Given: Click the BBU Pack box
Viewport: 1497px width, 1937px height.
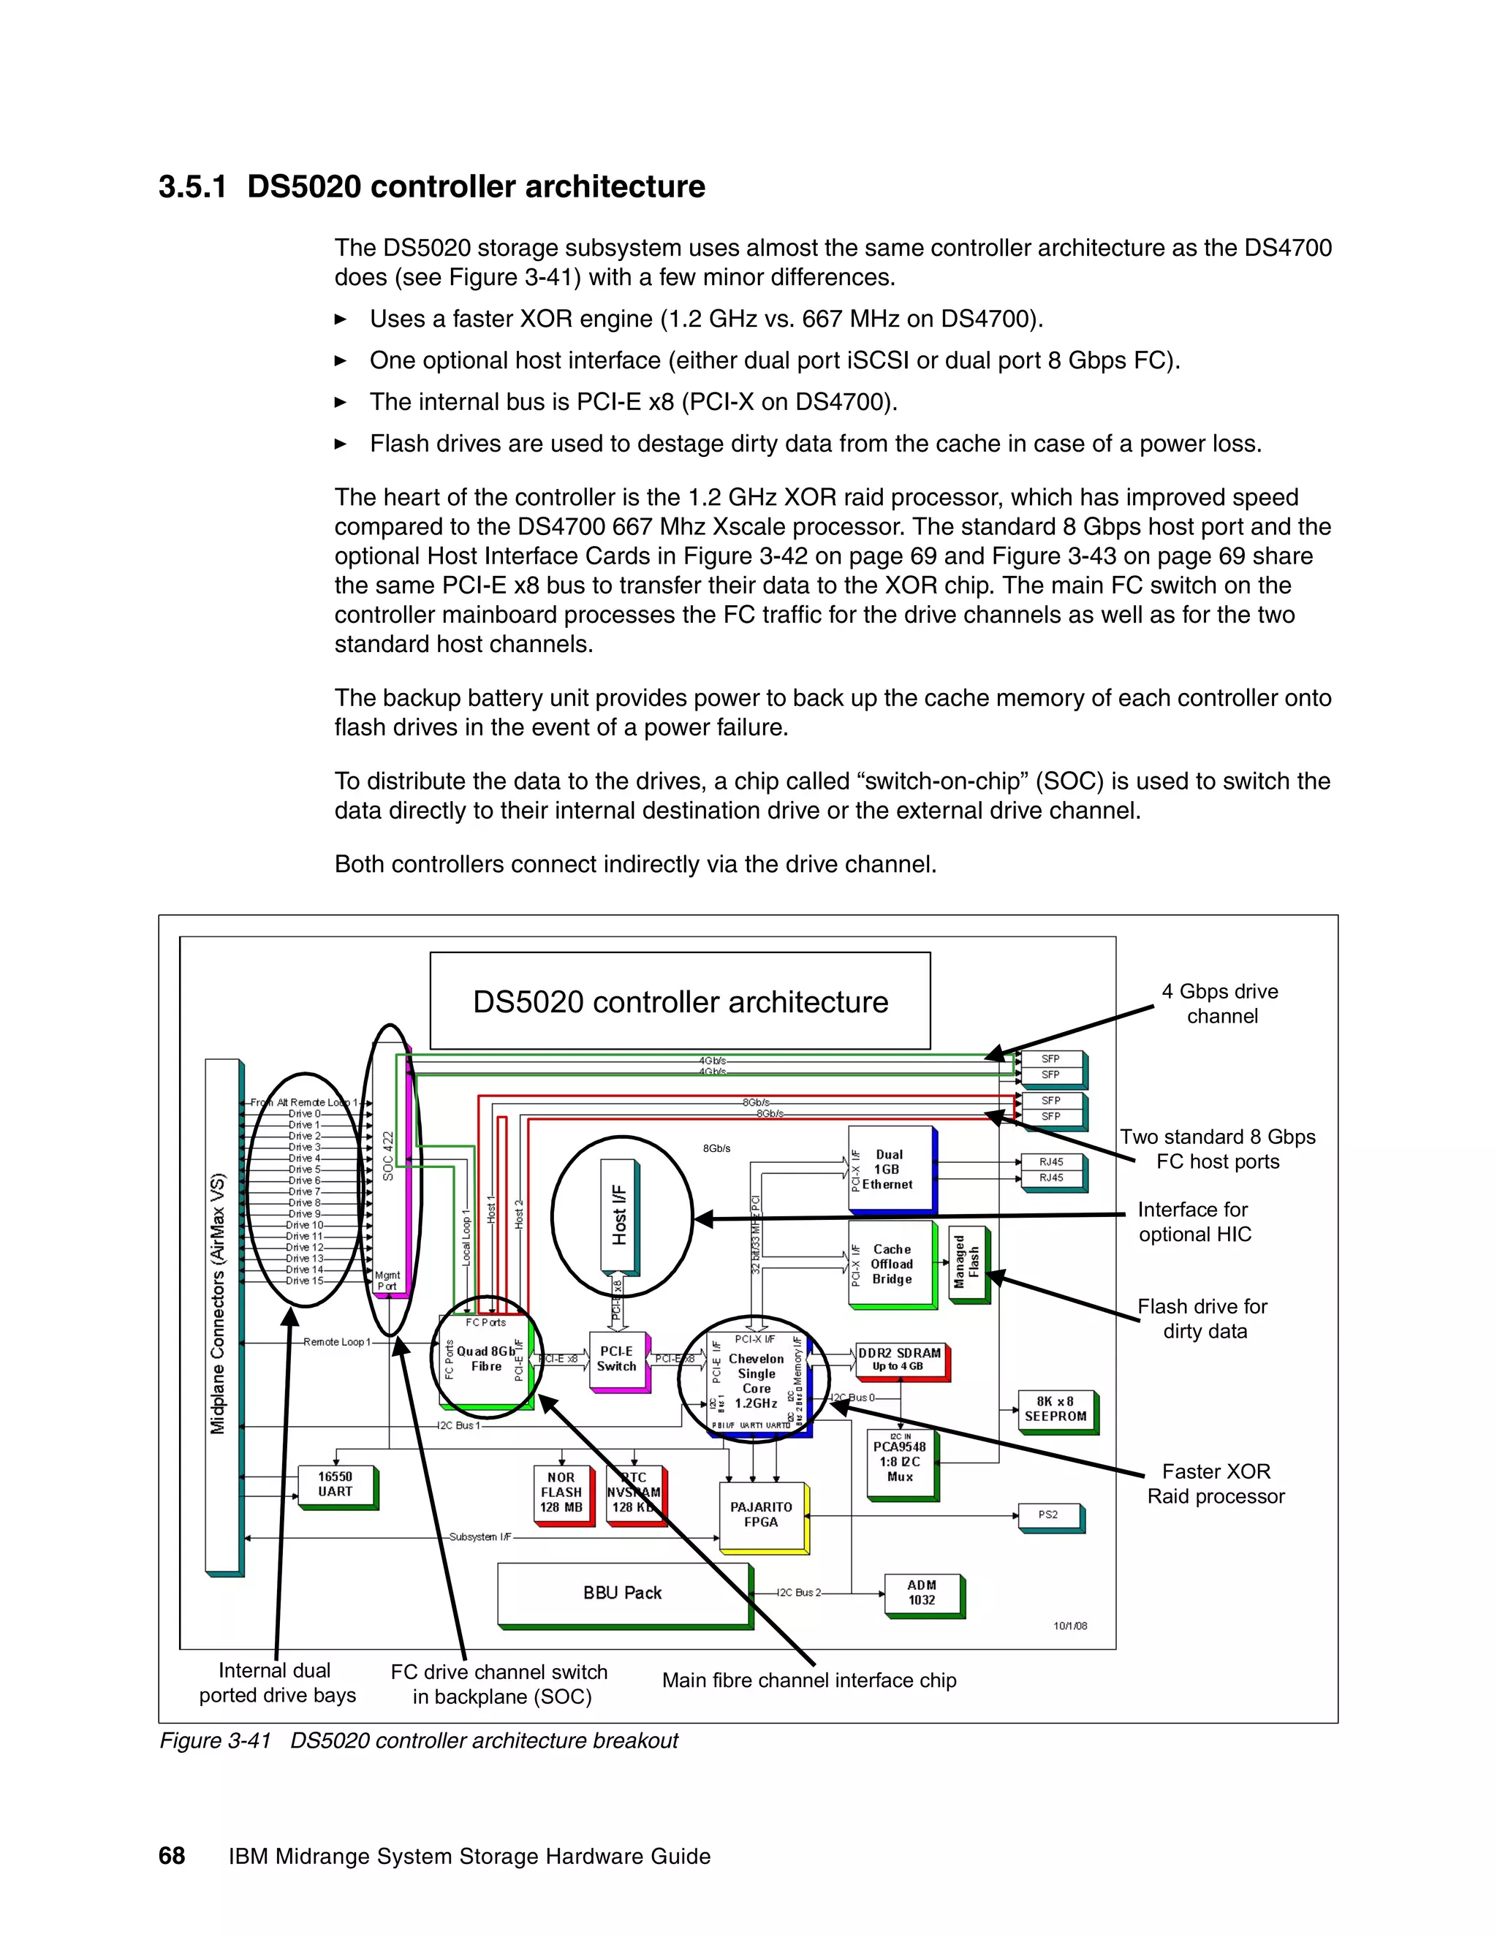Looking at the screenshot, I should (623, 1593).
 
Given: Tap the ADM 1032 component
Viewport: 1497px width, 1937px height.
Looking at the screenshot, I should (922, 1593).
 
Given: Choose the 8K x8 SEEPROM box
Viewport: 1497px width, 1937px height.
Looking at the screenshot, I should (1056, 1409).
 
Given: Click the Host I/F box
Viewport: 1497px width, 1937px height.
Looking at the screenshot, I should (619, 1214).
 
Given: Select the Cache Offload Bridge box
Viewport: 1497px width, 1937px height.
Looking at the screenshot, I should (891, 1264).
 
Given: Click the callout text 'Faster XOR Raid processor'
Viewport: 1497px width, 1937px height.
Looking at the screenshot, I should (1216, 1484).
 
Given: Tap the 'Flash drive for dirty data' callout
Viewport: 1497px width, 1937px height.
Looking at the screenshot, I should (1203, 1319).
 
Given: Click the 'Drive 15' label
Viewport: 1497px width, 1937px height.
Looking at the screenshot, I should (304, 1281).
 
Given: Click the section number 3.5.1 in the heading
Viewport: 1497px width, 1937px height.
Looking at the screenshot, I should (192, 187).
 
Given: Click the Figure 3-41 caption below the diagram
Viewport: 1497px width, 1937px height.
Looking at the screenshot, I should (419, 1741).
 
